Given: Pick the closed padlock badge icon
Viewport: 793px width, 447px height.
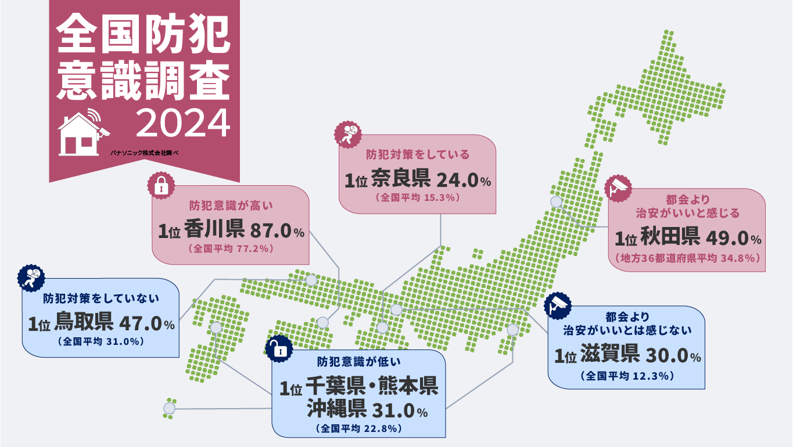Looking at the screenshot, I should (x=161, y=185).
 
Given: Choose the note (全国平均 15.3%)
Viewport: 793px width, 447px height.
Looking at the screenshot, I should (x=418, y=197).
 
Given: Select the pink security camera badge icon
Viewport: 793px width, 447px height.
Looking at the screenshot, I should (x=618, y=187).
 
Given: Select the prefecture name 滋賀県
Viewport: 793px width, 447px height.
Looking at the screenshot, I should (x=610, y=354).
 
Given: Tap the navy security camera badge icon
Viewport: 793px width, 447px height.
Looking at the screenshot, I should (x=558, y=305).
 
